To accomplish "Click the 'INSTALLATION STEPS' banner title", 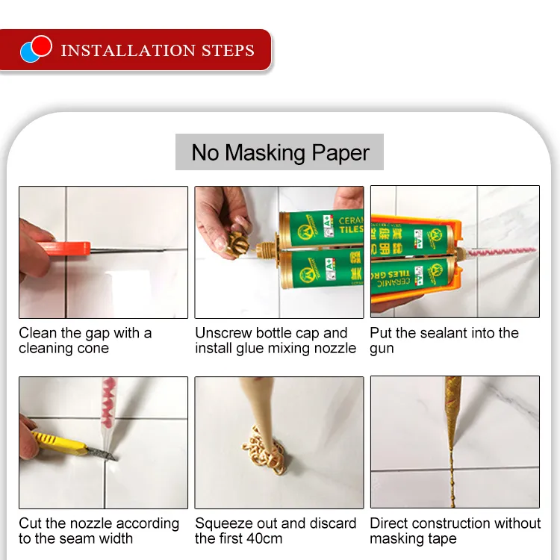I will pos(158,51).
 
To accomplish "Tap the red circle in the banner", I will pos(42,46).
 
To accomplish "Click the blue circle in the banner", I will pos(29,52).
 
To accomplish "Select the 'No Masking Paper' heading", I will pos(280,152).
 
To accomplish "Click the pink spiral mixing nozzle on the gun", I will pos(505,252).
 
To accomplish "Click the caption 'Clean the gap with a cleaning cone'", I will pos(85,340).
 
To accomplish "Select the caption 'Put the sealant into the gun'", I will pos(444,340).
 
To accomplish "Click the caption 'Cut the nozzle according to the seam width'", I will pos(99,531).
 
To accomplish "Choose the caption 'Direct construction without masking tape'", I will pos(455,531).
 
